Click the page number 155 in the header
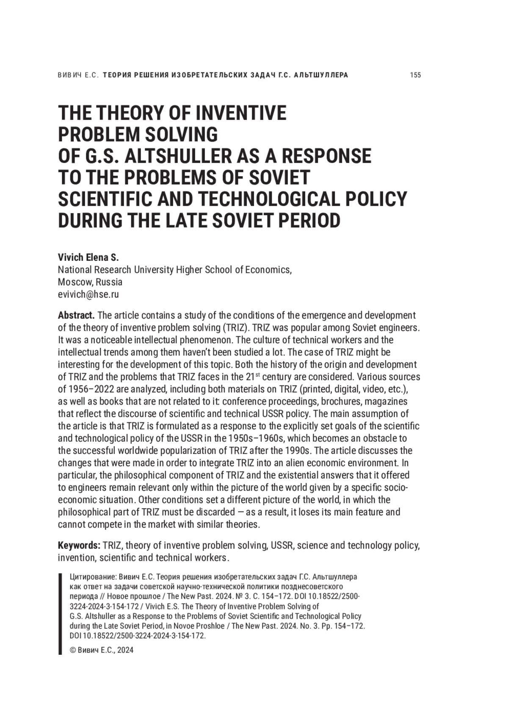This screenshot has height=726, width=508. click(x=415, y=75)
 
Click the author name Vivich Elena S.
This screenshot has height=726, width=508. click(x=88, y=258)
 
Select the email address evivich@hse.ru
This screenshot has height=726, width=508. click(x=88, y=295)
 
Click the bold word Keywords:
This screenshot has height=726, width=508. click(x=79, y=545)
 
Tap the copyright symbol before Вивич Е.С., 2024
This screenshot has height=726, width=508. click(x=72, y=651)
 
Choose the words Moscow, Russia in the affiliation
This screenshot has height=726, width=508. click(x=90, y=283)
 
